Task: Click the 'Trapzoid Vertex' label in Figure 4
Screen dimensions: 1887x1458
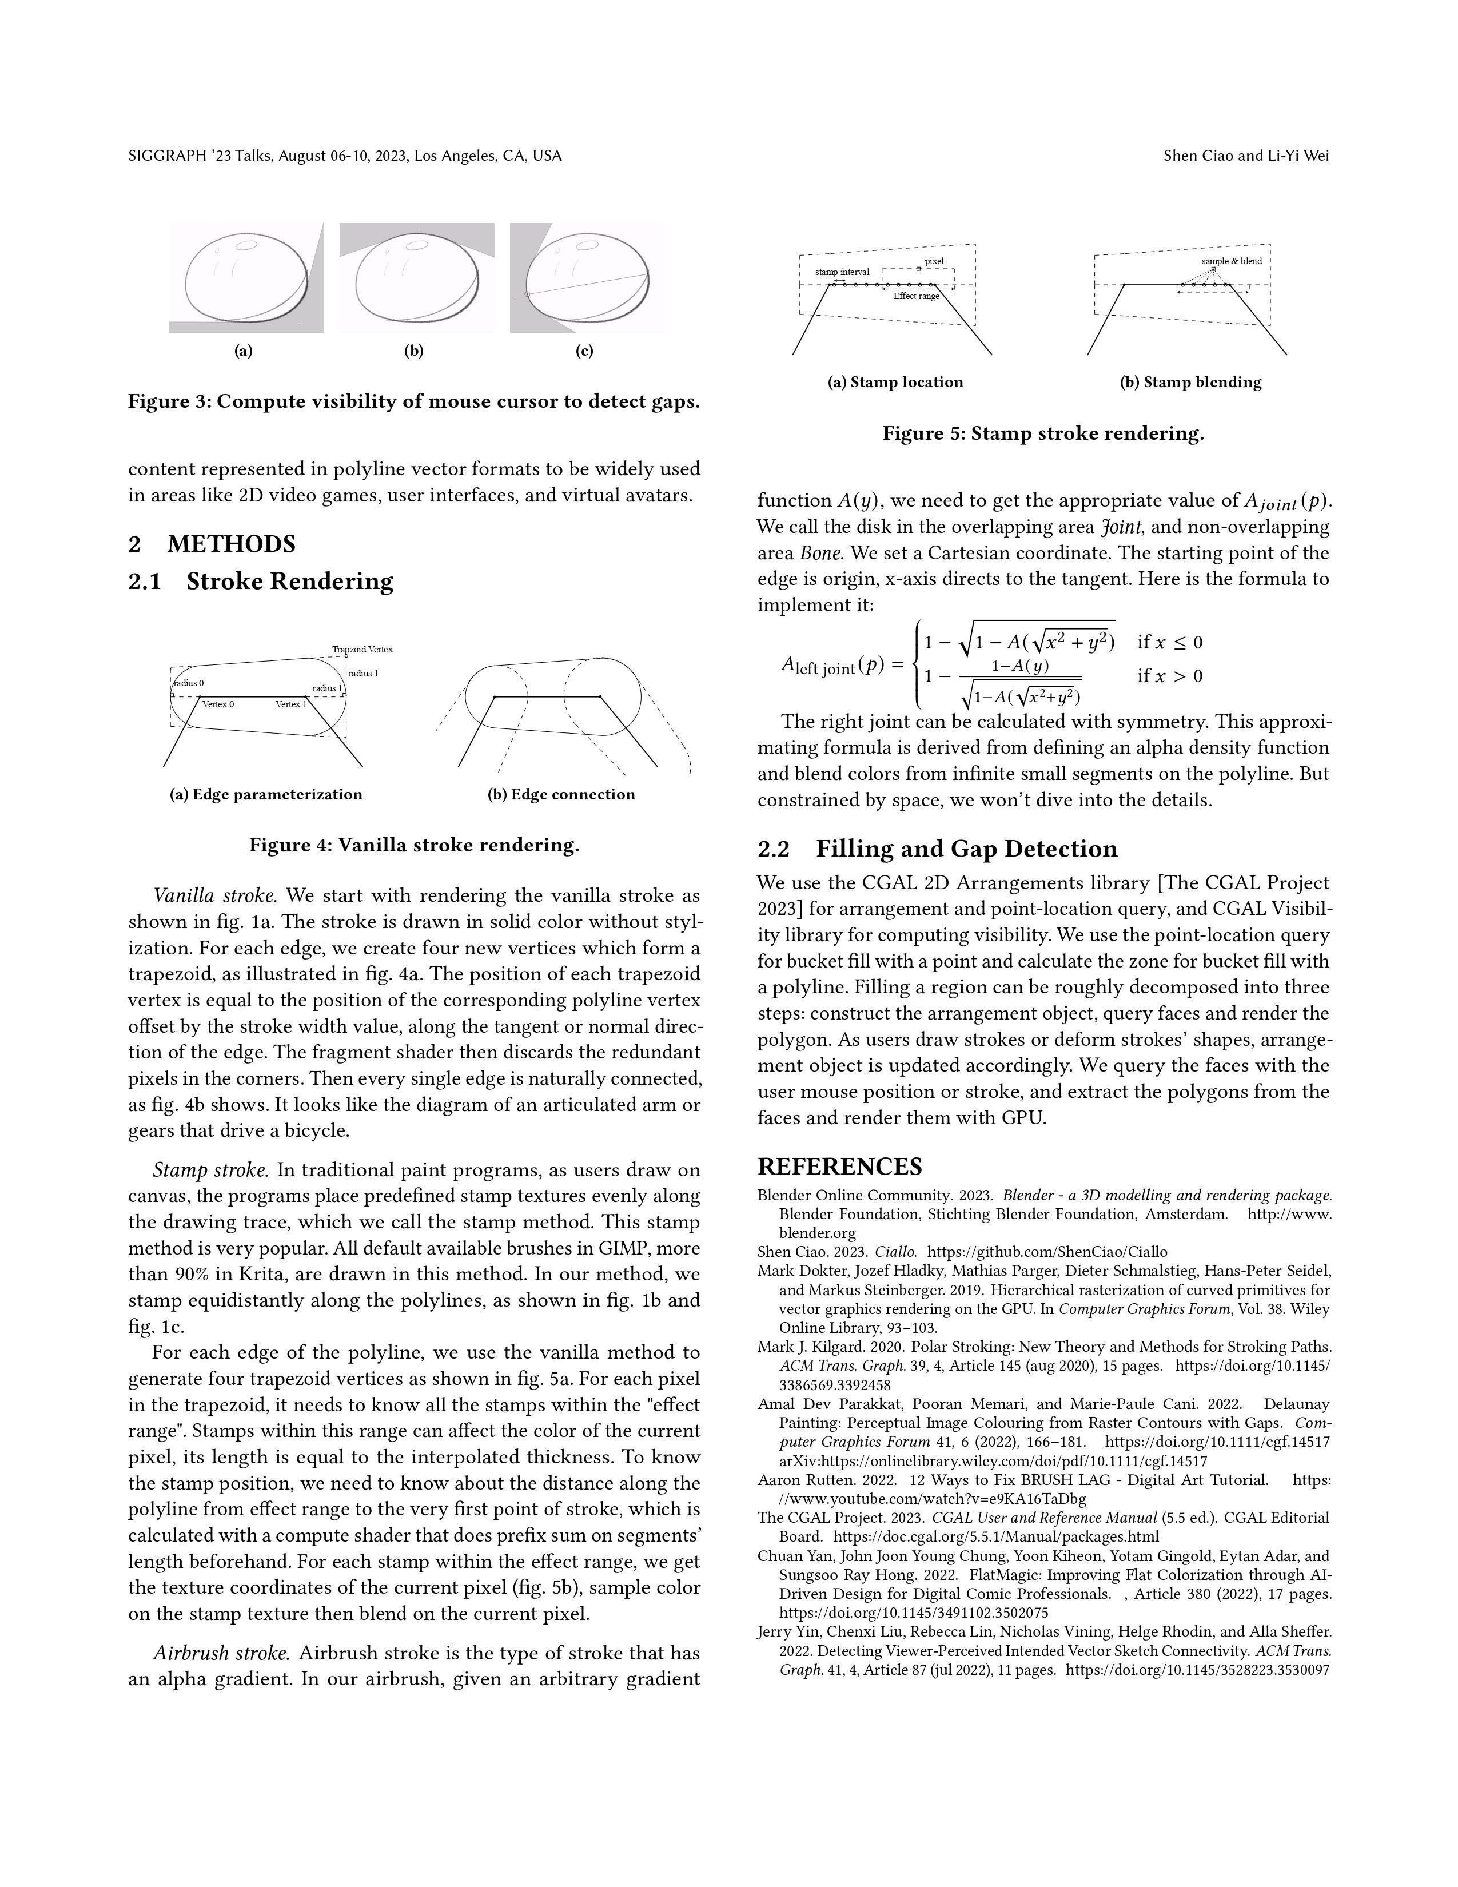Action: (x=362, y=649)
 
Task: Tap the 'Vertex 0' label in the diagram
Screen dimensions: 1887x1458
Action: (x=218, y=704)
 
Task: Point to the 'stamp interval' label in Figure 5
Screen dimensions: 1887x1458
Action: (x=842, y=272)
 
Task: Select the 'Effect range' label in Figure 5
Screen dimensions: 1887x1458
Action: (x=917, y=296)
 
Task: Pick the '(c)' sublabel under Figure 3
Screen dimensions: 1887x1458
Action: (x=585, y=351)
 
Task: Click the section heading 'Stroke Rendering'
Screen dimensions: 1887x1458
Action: (x=289, y=582)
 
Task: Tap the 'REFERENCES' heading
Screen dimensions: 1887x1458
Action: (x=839, y=1167)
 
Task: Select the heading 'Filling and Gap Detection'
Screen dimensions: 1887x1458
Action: (x=966, y=849)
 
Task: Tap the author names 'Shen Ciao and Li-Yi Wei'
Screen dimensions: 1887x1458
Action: (x=1245, y=156)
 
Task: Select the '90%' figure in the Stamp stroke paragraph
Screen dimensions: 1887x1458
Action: (x=188, y=1275)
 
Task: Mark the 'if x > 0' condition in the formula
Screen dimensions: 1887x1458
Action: (x=1169, y=676)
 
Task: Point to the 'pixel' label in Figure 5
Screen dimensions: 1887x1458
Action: (x=934, y=261)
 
